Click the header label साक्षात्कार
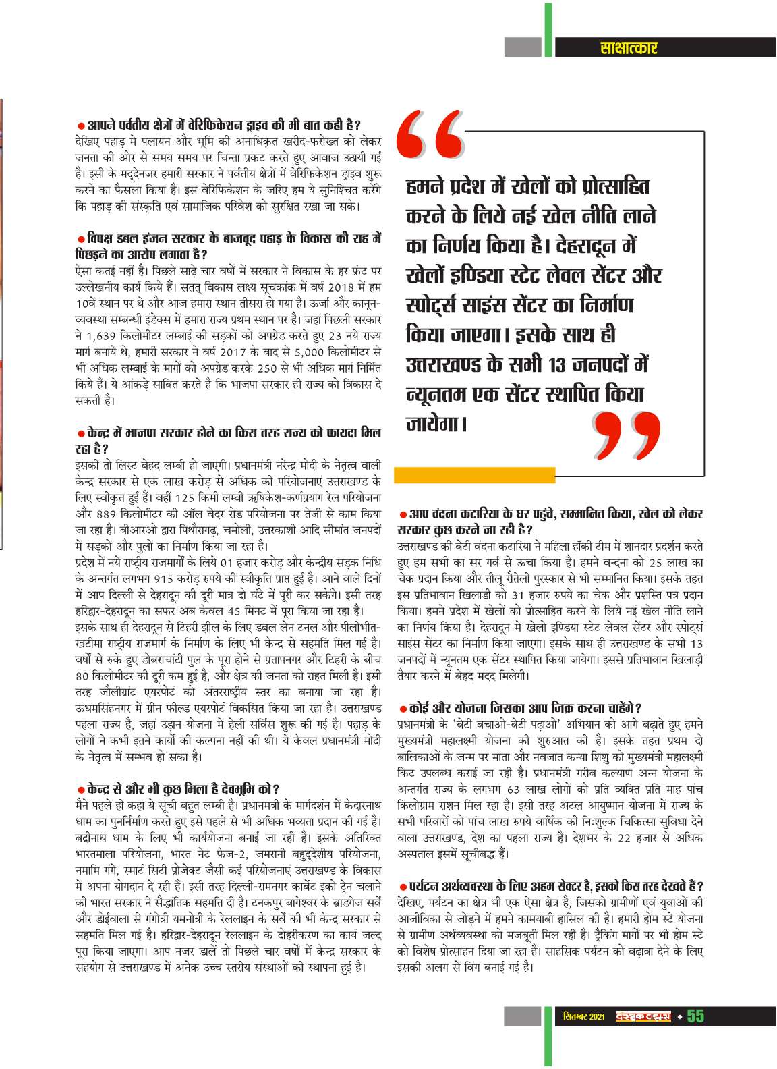[x=628, y=47]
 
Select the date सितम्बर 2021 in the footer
[x=583, y=1017]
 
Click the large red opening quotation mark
[x=430, y=133]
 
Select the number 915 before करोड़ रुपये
[x=165, y=578]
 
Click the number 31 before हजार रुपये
[x=518, y=595]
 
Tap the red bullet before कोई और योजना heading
[x=403, y=709]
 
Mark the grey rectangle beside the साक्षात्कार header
[x=523, y=47]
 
